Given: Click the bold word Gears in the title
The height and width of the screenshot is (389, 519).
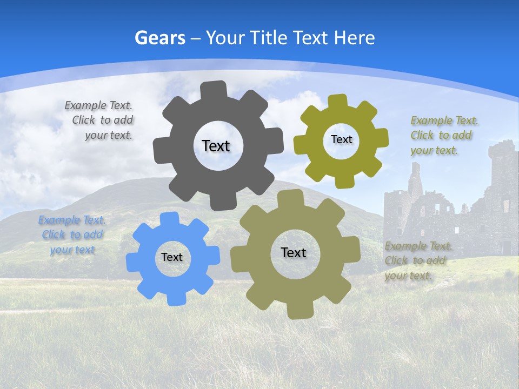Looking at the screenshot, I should click(x=160, y=38).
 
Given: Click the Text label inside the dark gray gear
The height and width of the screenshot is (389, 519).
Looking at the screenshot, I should click(x=216, y=146).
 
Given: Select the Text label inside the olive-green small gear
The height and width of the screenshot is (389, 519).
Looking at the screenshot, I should click(x=341, y=139).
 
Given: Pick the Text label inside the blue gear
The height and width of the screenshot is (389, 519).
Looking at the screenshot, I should click(x=172, y=257).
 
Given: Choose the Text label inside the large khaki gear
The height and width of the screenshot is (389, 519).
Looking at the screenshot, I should click(x=294, y=252).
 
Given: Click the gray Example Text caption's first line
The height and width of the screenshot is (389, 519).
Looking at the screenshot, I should click(x=98, y=105).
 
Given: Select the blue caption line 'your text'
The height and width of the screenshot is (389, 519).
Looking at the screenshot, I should click(x=72, y=250).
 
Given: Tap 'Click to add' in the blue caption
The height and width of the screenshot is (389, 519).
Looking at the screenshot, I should click(x=72, y=235).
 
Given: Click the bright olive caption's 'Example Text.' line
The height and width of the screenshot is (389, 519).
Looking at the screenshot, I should click(x=444, y=120).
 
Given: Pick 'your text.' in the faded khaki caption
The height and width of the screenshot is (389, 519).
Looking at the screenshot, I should click(x=408, y=276).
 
